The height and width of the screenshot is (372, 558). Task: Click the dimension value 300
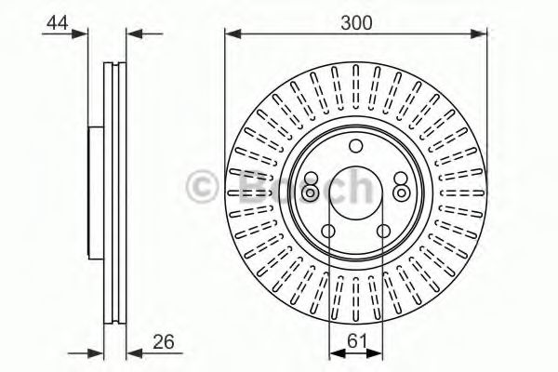356,22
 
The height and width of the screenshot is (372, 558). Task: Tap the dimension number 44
58,23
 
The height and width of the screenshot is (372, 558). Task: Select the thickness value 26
164,341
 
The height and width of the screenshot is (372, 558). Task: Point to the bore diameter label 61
357,341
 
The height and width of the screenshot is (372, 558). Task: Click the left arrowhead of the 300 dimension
233,34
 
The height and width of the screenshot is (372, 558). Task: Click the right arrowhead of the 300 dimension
478,34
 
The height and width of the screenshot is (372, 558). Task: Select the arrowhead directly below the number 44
79,34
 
